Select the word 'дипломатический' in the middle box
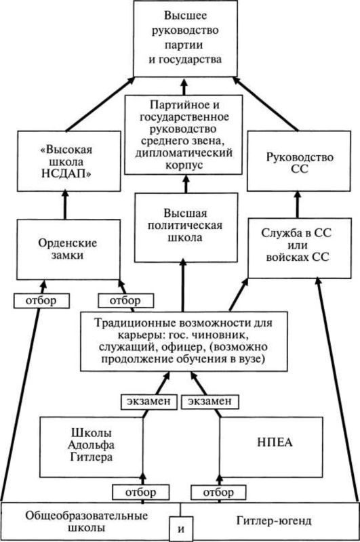pyautogui.click(x=184, y=152)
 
